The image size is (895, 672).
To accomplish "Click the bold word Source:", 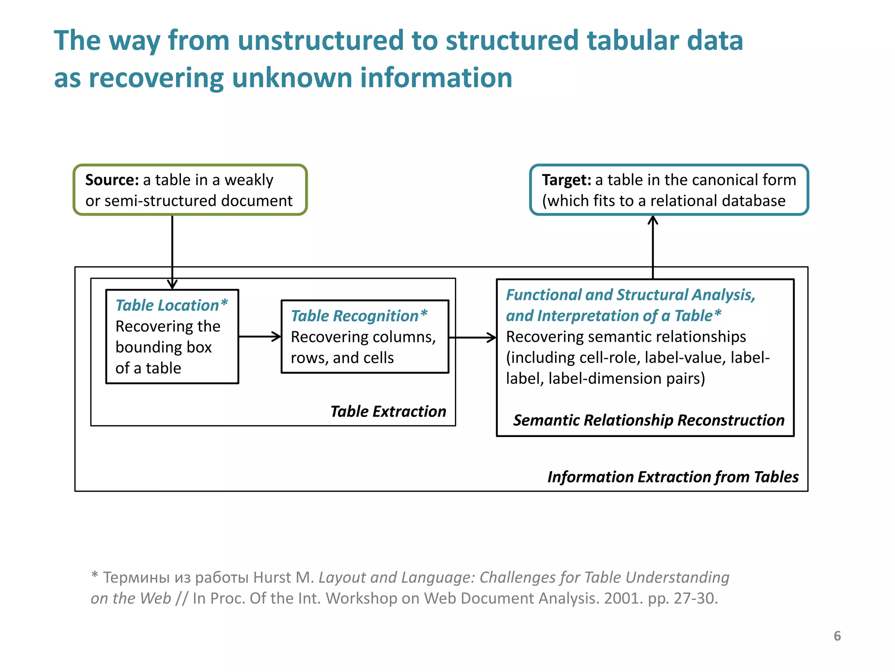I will [x=112, y=180].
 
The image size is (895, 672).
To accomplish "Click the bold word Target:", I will [x=566, y=180].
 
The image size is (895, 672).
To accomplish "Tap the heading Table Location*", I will [x=171, y=305].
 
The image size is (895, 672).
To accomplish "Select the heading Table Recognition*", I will [x=359, y=315].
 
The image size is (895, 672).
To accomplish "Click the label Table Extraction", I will [x=388, y=411].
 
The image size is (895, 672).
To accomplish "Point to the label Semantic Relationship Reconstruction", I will [x=649, y=420].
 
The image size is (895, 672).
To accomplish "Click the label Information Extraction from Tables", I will [x=673, y=476].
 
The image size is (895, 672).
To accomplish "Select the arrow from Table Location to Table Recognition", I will [x=260, y=336].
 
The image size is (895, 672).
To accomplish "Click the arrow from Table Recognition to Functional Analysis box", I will [x=472, y=337].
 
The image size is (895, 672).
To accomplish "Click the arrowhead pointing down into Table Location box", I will [x=172, y=284].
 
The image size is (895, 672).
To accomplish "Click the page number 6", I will [x=837, y=636].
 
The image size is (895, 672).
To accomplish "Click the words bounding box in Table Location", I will [x=163, y=347].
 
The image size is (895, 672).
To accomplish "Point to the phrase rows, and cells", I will [x=342, y=357].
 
